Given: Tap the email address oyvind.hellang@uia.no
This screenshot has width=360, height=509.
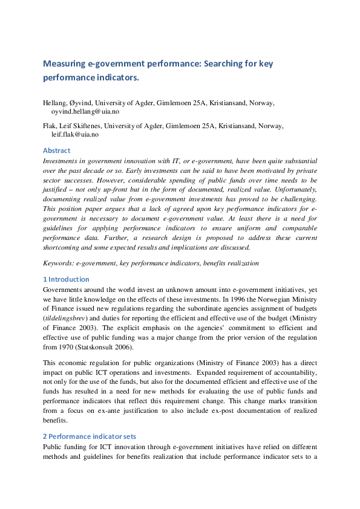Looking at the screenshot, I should pyautogui.click(x=85, y=112).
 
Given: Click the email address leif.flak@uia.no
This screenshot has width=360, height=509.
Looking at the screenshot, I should pyautogui.click(x=76, y=135).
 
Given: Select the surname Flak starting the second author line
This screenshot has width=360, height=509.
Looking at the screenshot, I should pyautogui.click(x=50, y=126).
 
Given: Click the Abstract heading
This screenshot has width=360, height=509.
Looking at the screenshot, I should pyautogui.click(x=56, y=151).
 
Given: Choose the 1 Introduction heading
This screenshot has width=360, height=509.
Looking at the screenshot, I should pyautogui.click(x=66, y=279).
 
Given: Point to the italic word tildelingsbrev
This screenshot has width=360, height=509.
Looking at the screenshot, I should pyautogui.click(x=66, y=317).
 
